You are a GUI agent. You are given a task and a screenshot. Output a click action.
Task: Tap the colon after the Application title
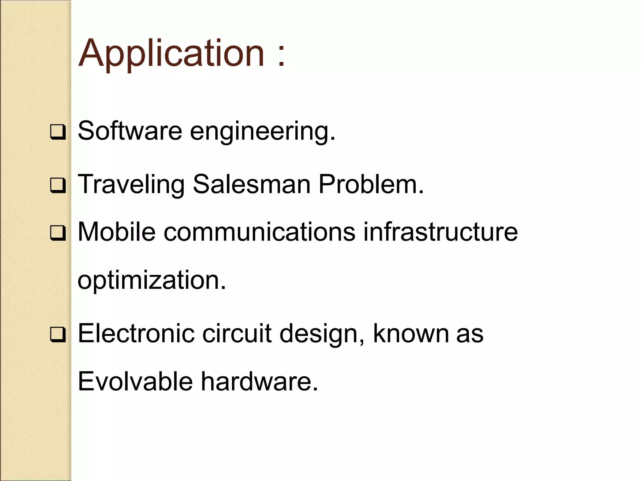tap(281, 56)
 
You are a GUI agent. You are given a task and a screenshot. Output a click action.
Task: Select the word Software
tap(130, 131)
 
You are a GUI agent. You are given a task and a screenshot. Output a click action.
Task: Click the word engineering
tap(262, 132)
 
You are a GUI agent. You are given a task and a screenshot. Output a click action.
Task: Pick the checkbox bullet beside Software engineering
tap(58, 132)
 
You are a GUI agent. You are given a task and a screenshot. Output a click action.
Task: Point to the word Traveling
tap(131, 185)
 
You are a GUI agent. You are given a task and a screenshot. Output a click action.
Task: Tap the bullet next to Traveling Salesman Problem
tap(58, 185)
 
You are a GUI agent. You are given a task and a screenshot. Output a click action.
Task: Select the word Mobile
tap(117, 232)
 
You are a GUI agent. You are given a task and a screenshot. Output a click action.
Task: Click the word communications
tap(259, 232)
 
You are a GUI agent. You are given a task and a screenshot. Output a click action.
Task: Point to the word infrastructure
tap(440, 232)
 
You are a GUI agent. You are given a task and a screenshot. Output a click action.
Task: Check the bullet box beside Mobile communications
tap(58, 233)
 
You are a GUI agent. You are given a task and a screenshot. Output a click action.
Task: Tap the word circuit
tap(237, 334)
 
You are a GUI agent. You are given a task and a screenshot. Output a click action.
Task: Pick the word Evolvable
tap(135, 381)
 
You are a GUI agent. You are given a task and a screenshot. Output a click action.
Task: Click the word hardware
tap(259, 381)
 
